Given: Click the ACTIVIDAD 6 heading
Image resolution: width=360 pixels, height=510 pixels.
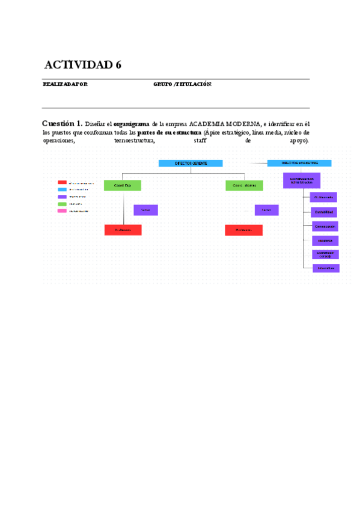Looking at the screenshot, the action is [x=83, y=65].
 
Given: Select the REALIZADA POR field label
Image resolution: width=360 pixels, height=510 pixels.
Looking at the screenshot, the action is [x=65, y=84].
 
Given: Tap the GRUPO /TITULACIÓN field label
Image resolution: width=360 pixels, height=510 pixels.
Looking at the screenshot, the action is [x=183, y=84].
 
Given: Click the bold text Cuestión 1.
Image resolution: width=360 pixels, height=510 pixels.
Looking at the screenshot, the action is [x=62, y=123].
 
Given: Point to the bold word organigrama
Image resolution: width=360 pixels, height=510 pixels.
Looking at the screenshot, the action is [x=131, y=123].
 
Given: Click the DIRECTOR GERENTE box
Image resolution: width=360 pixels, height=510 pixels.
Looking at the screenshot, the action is [x=191, y=163].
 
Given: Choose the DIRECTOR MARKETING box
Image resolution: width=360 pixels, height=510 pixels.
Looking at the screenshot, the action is [x=299, y=163].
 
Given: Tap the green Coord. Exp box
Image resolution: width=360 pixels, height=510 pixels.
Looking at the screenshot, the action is [x=123, y=185].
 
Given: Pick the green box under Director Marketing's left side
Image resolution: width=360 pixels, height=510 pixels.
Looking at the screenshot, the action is [x=244, y=185].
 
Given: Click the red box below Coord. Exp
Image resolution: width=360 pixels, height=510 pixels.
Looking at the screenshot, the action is [x=123, y=230].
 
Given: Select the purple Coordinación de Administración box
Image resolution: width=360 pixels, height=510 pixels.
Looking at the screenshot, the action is [x=301, y=180].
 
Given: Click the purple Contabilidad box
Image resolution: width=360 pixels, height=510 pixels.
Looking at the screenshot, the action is [x=324, y=212].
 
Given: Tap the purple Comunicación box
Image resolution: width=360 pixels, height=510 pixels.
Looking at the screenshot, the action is [x=325, y=226].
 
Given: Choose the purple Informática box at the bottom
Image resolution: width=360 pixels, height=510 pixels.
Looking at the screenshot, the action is [x=326, y=268].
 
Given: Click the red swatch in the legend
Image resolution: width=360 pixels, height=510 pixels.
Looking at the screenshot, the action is [x=62, y=182].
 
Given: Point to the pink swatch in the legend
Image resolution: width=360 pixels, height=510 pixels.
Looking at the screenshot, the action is [x=62, y=211].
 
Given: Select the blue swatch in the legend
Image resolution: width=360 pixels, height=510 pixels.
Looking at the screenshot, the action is [x=62, y=189].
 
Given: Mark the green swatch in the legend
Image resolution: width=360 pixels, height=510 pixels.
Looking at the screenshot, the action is [x=62, y=204].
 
